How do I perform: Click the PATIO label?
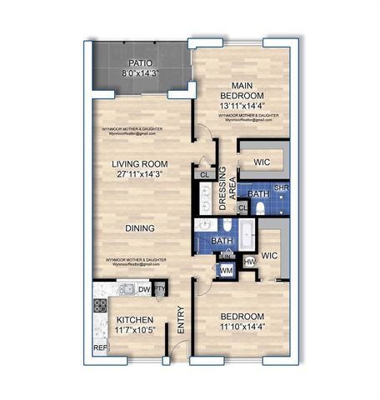139,63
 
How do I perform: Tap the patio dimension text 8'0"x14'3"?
139,73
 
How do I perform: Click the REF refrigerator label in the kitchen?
100,348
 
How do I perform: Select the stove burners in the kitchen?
100,304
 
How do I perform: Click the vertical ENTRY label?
180,321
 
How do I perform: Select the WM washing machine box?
226,270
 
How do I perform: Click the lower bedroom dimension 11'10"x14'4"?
242,327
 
